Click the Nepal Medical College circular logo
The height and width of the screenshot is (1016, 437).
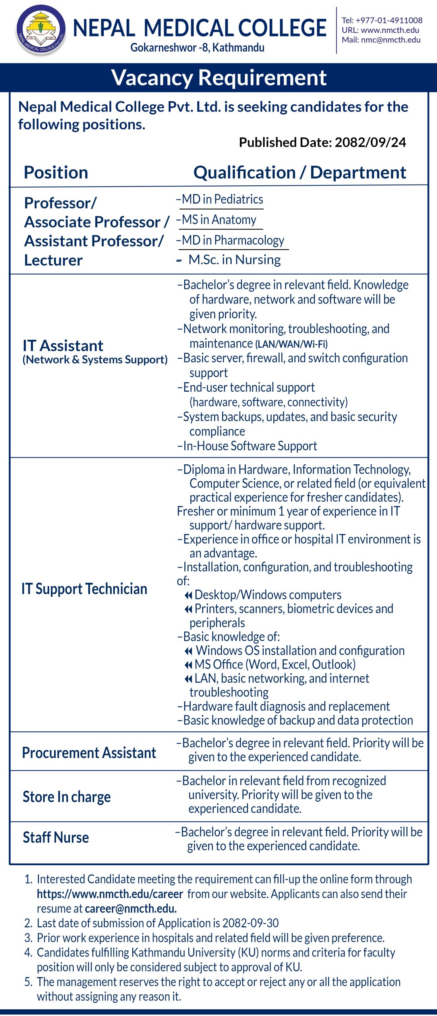41,30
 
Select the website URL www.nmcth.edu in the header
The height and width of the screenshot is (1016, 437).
390,30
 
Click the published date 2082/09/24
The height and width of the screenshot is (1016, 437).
370,142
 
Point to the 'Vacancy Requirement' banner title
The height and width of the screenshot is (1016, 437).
218,77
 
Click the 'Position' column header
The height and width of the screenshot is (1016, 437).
56,173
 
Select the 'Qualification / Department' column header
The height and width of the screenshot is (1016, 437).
300,173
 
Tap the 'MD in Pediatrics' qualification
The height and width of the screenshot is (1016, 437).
222,199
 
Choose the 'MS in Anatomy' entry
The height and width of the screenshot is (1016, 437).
219,220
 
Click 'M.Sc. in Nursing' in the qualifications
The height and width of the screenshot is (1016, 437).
234,260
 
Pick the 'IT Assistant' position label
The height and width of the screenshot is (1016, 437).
63,346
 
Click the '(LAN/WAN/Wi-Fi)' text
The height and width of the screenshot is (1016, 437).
291,344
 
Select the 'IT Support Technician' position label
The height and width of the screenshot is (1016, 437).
84,589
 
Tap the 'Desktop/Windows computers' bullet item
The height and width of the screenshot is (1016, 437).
268,595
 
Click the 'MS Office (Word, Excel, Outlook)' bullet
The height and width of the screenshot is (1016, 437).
275,664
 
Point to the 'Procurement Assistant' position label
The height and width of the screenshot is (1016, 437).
89,753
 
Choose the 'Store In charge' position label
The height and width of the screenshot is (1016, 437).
67,797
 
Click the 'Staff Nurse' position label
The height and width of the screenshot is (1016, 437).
56,837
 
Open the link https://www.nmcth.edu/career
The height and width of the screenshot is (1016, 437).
110,894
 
